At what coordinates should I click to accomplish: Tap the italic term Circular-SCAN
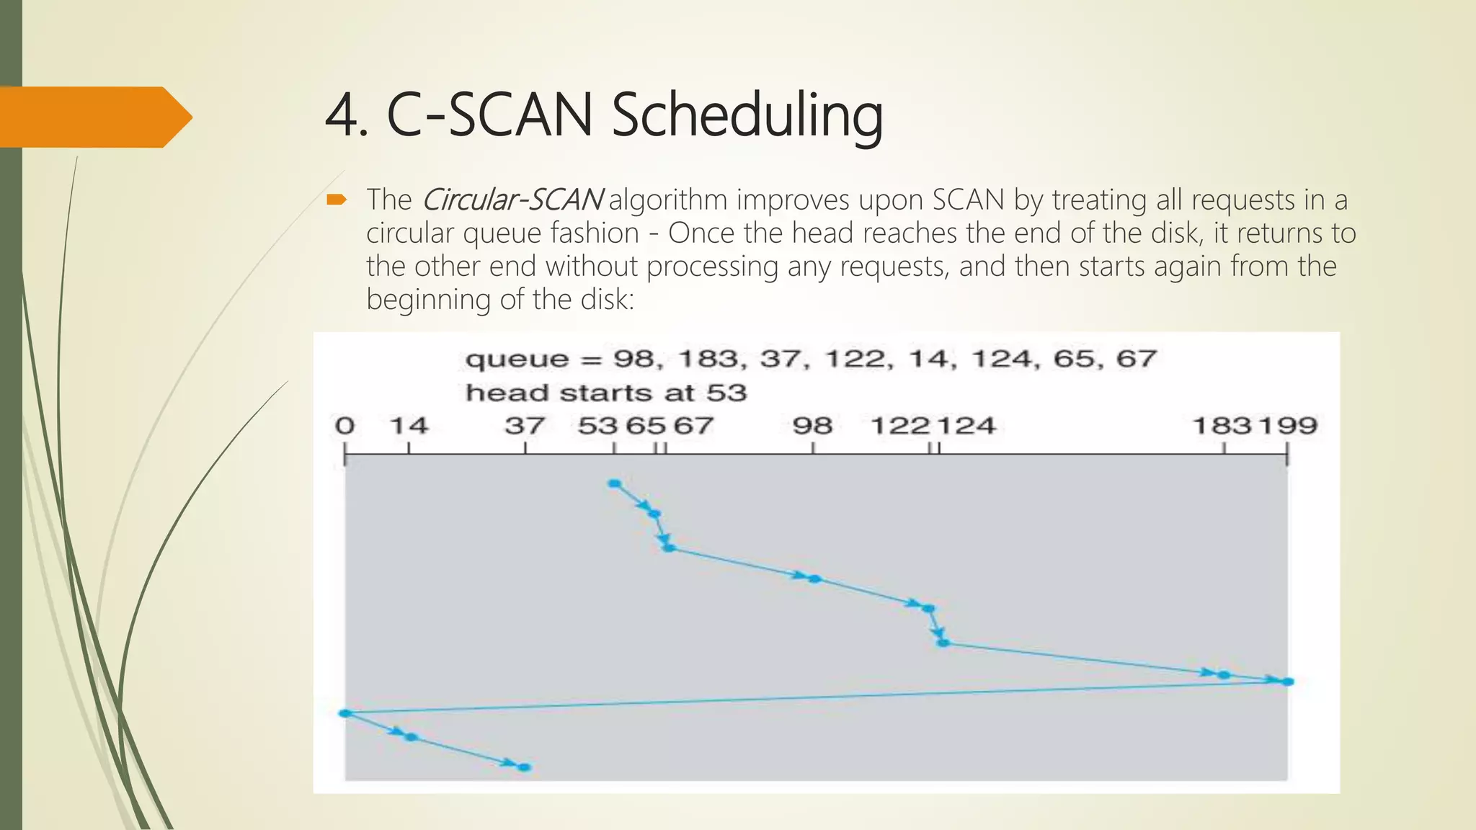(512, 200)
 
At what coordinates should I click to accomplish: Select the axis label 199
(1288, 426)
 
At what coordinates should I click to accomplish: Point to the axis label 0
(345, 426)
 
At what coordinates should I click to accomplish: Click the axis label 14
(409, 426)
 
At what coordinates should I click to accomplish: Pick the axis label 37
(525, 426)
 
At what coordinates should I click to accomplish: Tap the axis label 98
(813, 426)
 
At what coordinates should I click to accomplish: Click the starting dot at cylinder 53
(614, 483)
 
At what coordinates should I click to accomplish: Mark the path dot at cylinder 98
(814, 579)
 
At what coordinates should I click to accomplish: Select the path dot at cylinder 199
(1288, 682)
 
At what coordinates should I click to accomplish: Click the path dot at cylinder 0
(345, 713)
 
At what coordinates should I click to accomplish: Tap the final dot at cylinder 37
(525, 767)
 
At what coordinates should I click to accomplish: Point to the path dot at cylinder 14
(411, 737)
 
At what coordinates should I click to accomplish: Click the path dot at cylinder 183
(1223, 675)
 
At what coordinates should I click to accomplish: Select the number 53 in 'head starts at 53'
(726, 393)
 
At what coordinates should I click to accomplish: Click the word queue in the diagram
(517, 360)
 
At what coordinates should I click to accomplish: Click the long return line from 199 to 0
(814, 697)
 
